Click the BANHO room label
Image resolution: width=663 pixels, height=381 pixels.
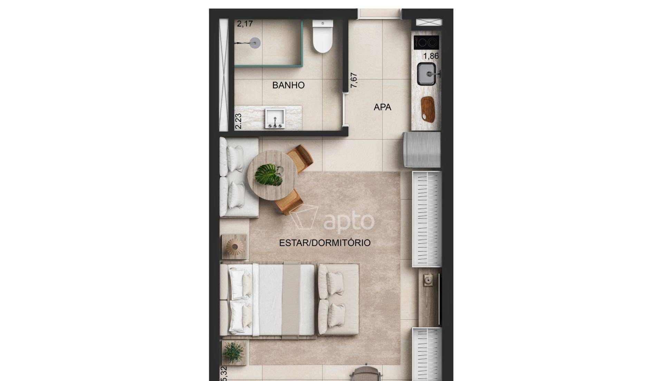pos(288,85)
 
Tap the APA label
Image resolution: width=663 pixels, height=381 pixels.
pos(382,107)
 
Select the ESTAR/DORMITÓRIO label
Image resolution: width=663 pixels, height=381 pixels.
pos(325,243)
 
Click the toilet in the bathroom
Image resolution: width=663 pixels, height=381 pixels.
pos(323,36)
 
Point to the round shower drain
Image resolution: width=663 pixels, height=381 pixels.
pos(255,43)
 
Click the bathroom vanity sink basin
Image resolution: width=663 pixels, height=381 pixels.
pos(275,118)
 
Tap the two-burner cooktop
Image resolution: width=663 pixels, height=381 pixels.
pos(426,42)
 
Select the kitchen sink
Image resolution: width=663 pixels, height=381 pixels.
pos(427,74)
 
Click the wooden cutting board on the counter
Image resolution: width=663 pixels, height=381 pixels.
pos(428,109)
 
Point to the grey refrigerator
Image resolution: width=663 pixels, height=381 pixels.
pos(422,149)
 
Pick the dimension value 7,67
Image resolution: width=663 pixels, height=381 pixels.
pos(354,80)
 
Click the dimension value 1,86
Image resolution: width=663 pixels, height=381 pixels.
pos(431,56)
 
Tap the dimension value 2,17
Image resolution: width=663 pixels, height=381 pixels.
pos(245,24)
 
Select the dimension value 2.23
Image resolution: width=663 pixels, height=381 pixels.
pos(238,121)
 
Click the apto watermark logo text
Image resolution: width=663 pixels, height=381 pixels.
pos(349,221)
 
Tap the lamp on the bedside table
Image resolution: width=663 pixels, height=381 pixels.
pos(235,247)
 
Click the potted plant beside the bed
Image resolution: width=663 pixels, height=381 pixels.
pos(233,352)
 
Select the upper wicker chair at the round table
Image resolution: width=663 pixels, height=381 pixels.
pos(300,158)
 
